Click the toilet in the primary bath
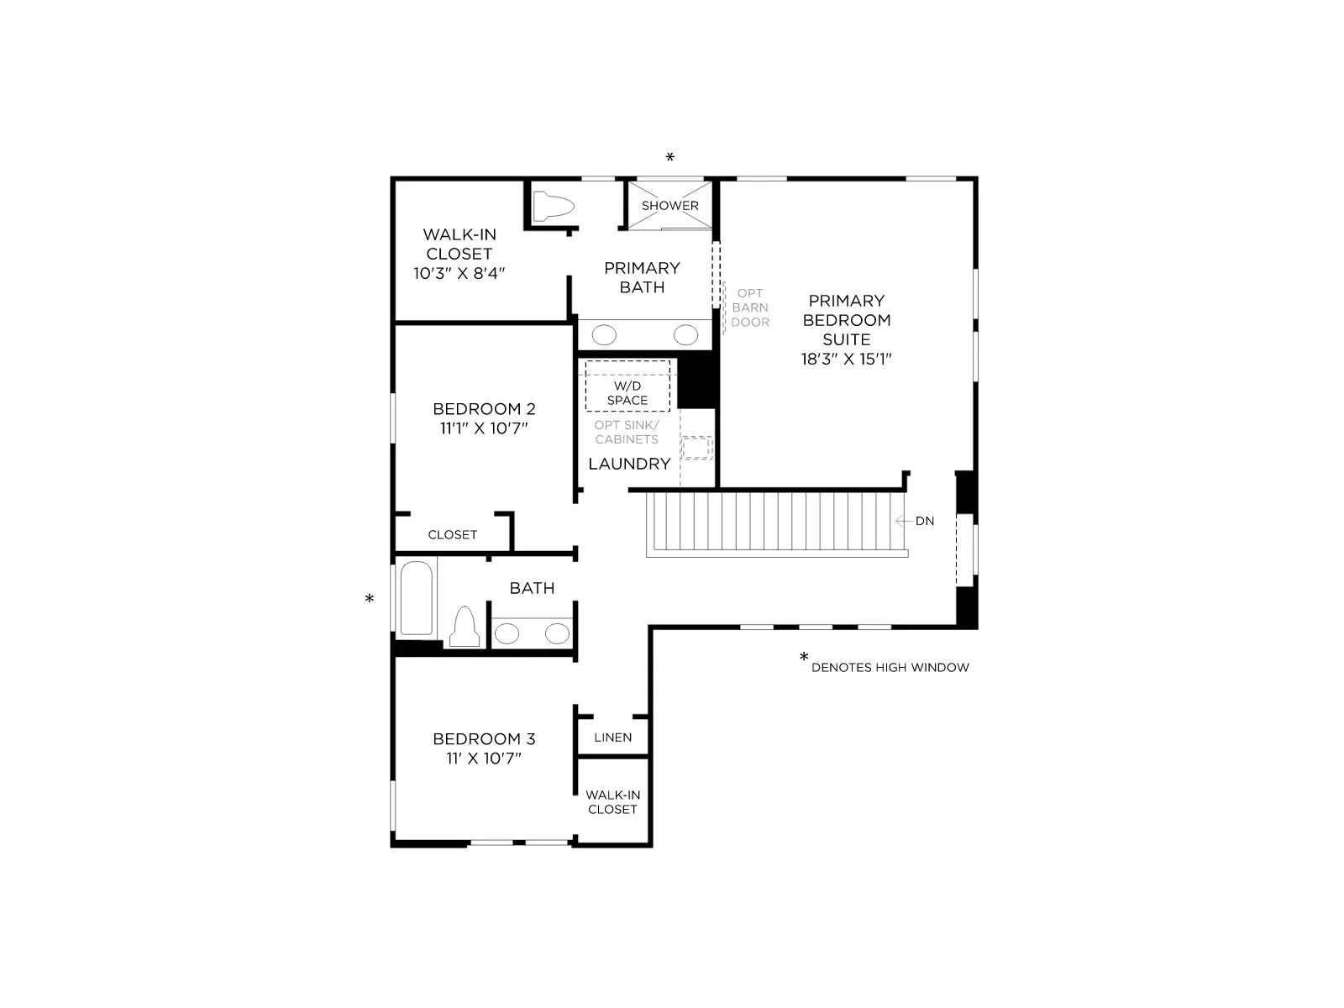[552, 207]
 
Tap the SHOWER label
[669, 206]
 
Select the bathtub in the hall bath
[417, 598]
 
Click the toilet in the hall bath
[465, 627]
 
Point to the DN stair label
[925, 521]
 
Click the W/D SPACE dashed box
[627, 386]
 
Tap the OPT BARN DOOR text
[750, 307]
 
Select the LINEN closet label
[613, 738]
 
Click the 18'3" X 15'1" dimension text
[846, 360]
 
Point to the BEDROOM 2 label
[484, 408]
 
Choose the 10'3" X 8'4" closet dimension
[459, 273]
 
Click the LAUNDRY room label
[629, 464]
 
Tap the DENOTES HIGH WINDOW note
[890, 667]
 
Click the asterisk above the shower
[669, 157]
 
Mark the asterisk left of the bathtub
[370, 598]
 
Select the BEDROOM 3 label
[484, 738]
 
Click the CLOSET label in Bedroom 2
[453, 534]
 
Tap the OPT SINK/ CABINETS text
[627, 432]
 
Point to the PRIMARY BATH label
[642, 277]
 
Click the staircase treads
[776, 522]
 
